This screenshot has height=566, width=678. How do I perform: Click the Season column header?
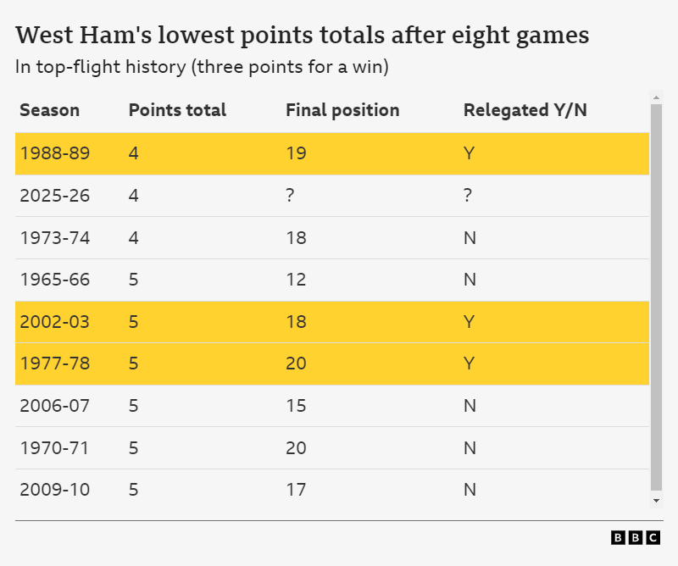click(49, 110)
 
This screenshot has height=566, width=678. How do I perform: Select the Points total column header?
click(177, 110)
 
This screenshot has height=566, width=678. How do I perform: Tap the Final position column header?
click(342, 110)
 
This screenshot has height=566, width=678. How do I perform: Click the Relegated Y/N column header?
click(525, 110)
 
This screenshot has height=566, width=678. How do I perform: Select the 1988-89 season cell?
click(54, 153)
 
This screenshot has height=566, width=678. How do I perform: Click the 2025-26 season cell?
click(54, 196)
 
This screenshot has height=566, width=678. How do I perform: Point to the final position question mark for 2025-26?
click(291, 196)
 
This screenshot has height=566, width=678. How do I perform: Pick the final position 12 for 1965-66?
click(296, 280)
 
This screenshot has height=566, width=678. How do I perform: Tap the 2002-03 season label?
click(54, 322)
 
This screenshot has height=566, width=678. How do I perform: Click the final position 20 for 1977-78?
click(296, 363)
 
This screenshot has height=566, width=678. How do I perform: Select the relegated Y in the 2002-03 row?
click(469, 322)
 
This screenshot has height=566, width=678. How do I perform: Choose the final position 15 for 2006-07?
click(296, 406)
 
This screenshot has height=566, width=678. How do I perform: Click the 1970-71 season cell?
click(54, 447)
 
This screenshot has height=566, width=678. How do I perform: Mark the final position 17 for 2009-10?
click(296, 490)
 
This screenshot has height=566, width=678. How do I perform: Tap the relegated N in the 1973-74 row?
click(470, 238)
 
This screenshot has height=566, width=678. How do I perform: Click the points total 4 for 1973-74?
click(133, 238)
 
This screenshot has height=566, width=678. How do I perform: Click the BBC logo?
click(636, 538)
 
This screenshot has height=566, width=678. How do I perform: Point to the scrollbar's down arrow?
click(656, 501)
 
